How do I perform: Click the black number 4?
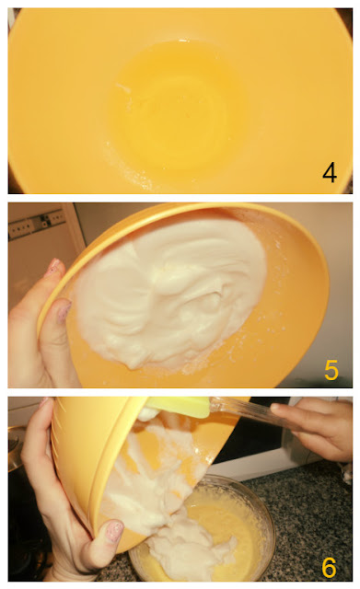tap(330, 173)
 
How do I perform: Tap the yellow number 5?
tap(331, 370)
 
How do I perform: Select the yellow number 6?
tap(329, 567)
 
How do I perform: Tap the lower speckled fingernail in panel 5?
tap(64, 310)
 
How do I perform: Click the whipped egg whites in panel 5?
tap(169, 293)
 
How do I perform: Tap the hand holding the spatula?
tap(315, 428)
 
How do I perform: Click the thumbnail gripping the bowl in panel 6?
tap(114, 531)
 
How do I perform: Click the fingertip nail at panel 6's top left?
tap(44, 402)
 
